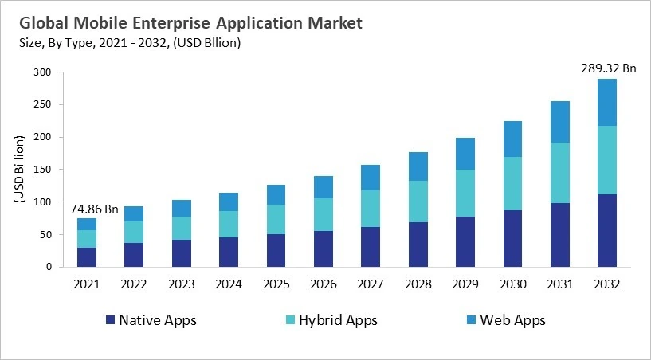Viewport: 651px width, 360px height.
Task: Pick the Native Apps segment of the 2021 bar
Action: [x=86, y=257]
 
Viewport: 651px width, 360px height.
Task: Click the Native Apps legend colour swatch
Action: [x=110, y=320]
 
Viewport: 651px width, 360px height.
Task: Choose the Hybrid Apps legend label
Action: [x=337, y=320]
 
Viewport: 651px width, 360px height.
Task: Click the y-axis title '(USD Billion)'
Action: [x=19, y=170]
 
